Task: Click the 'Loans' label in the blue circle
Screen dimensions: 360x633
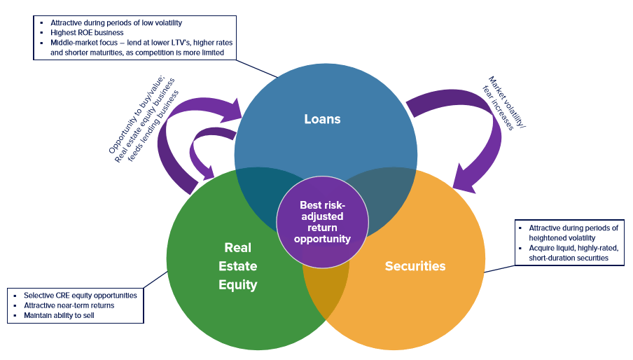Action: [x=322, y=119]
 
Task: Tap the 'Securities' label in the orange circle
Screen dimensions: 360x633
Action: [x=415, y=266]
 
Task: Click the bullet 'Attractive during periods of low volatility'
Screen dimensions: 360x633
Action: [x=116, y=22]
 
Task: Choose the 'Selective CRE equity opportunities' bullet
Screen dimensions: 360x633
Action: [x=81, y=296]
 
